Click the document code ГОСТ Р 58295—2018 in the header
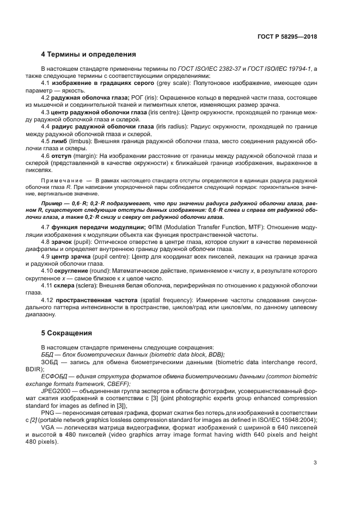click(x=286, y=36)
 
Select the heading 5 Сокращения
click(x=66, y=333)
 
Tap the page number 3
click(x=315, y=463)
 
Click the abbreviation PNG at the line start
click(x=48, y=413)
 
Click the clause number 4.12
click(x=48, y=300)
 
